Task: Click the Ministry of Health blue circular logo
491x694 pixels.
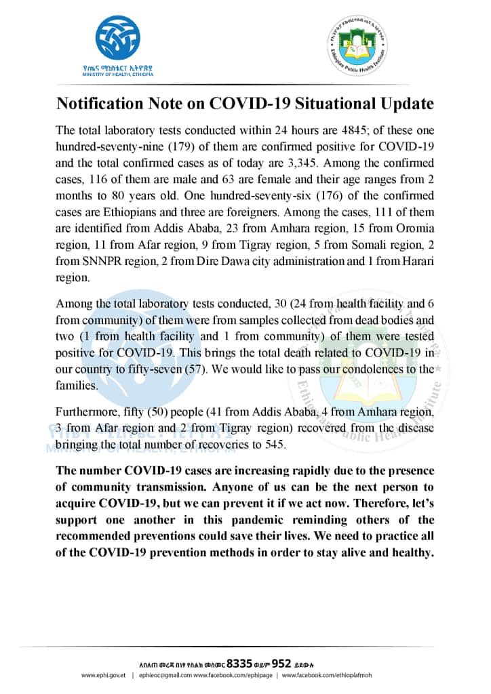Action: (x=117, y=39)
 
